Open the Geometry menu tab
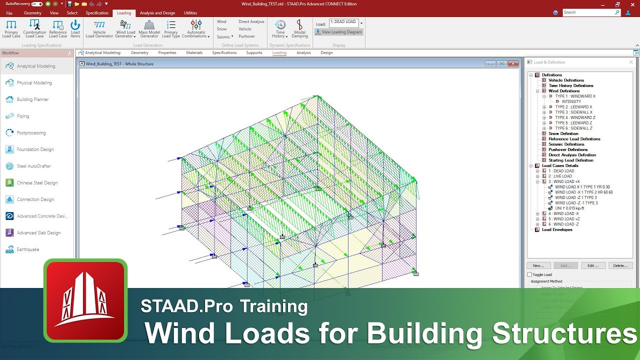pyautogui.click(x=32, y=13)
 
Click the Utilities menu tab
pyautogui.click(x=190, y=13)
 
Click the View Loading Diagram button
pyautogui.click(x=338, y=32)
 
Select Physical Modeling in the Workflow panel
pyautogui.click(x=34, y=83)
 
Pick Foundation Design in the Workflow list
pyautogui.click(x=35, y=149)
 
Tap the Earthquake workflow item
pyautogui.click(x=28, y=249)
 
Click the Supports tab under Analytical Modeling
pyautogui.click(x=254, y=52)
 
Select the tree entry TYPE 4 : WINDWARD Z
pyautogui.click(x=575, y=117)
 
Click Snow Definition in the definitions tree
pyautogui.click(x=563, y=133)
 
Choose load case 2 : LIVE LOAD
pyautogui.click(x=560, y=176)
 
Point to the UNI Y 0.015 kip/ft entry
pyautogui.click(x=569, y=208)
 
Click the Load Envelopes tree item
pyautogui.click(x=557, y=229)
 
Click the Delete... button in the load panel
pyautogui.click(x=620, y=265)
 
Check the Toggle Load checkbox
pyautogui.click(x=530, y=274)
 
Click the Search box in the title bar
pyautogui.click(x=590, y=12)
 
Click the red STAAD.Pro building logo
pyautogui.click(x=85, y=300)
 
